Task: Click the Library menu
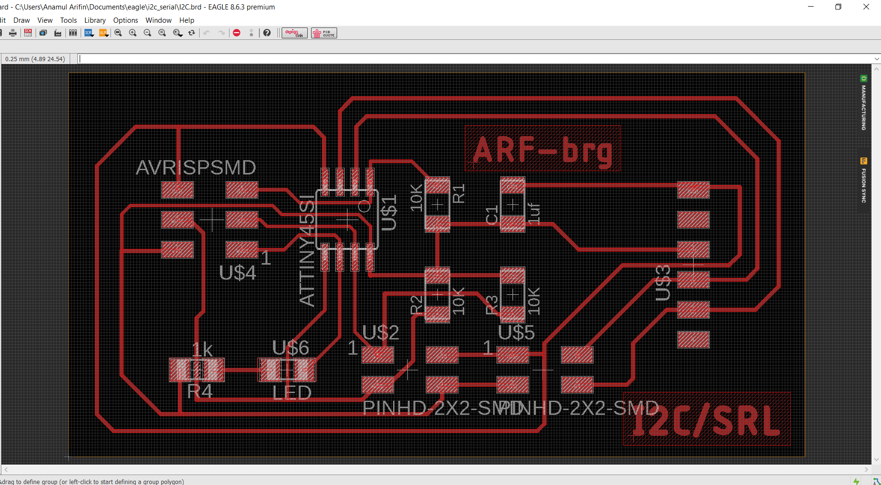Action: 95,20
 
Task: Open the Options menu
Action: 126,20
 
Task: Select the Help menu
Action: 186,20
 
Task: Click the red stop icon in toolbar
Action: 237,33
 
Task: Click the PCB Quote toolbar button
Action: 324,33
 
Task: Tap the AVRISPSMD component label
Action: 196,168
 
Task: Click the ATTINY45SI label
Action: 307,251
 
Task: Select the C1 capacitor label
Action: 492,215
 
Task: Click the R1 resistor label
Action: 459,194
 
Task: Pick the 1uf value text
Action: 534,213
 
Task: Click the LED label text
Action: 292,393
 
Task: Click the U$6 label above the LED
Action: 291,348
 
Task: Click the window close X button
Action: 866,7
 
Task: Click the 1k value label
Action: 202,350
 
